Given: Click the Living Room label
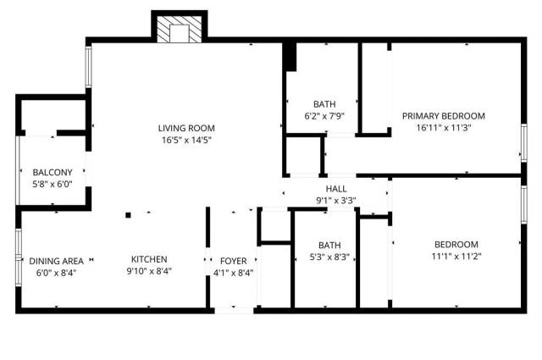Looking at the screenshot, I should click(x=184, y=128).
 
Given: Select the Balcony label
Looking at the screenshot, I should click(x=53, y=171).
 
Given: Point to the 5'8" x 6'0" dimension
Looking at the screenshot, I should click(x=53, y=183).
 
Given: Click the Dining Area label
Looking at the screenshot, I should click(x=56, y=260).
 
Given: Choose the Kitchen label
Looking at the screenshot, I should click(x=149, y=259).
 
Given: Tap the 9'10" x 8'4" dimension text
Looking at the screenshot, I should click(x=149, y=271).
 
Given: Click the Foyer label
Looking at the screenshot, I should click(x=233, y=260).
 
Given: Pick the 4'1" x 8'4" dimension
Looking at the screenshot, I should click(x=233, y=272).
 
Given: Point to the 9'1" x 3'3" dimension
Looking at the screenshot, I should click(x=336, y=201).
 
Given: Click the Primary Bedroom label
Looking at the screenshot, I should click(x=443, y=116).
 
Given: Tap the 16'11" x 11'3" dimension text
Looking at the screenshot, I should click(x=443, y=128).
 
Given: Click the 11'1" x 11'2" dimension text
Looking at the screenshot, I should click(x=456, y=256).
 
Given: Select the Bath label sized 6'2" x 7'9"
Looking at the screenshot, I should click(x=324, y=105).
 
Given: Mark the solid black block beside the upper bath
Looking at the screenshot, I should click(x=290, y=58).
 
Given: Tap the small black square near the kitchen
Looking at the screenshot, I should click(x=129, y=214).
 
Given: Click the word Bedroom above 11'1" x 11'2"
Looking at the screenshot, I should click(x=456, y=244).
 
